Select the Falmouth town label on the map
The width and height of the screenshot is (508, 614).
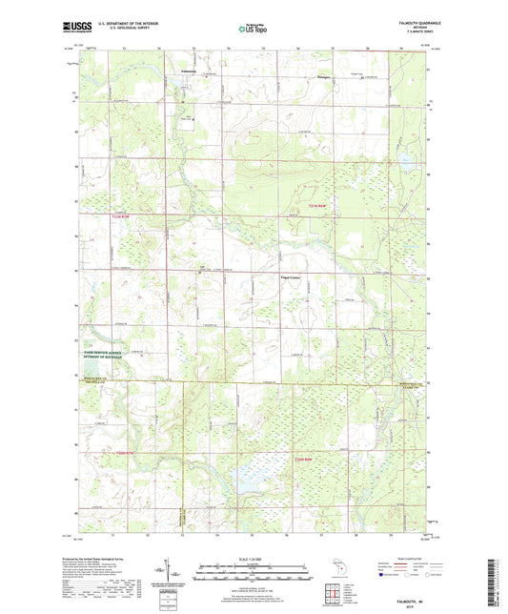[x=192, y=70]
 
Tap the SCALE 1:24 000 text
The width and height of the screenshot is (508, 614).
[x=254, y=558]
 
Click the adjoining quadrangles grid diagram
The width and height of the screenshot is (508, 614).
[x=335, y=595]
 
